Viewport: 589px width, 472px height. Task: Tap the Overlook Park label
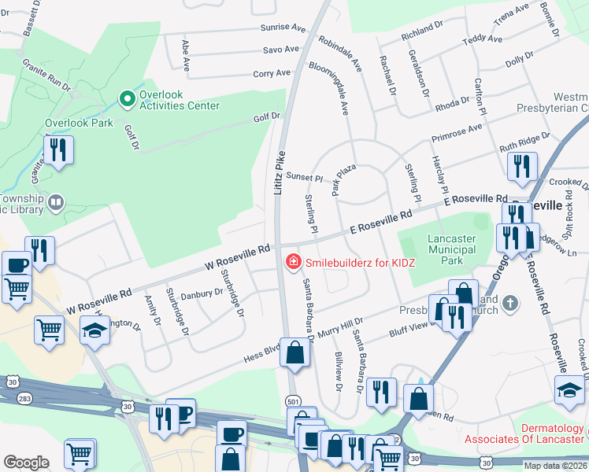point(79,123)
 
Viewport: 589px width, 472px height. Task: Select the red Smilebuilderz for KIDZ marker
point(292,260)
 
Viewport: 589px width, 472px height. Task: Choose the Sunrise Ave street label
point(283,28)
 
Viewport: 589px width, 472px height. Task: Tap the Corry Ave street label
point(272,73)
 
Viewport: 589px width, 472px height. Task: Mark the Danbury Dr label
point(202,293)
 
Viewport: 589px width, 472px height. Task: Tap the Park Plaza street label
point(343,179)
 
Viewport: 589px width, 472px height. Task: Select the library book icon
point(55,205)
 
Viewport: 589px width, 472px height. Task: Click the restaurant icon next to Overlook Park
point(58,149)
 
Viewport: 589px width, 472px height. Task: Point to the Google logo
point(26,463)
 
